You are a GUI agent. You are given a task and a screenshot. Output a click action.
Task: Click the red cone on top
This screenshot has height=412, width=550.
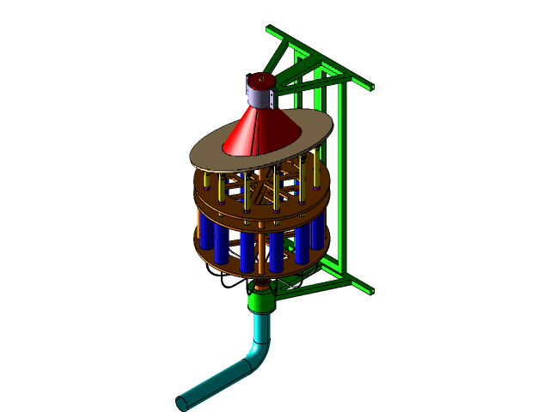tap(260, 129)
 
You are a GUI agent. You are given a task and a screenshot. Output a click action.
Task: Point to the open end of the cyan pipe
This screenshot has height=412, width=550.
tap(182, 402)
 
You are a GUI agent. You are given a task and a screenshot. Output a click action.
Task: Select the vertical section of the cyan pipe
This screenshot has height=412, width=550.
tap(260, 330)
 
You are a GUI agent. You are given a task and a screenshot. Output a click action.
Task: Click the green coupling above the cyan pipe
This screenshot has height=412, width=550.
tap(260, 300)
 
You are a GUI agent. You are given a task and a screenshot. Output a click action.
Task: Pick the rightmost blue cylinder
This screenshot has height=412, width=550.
tap(318, 232)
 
